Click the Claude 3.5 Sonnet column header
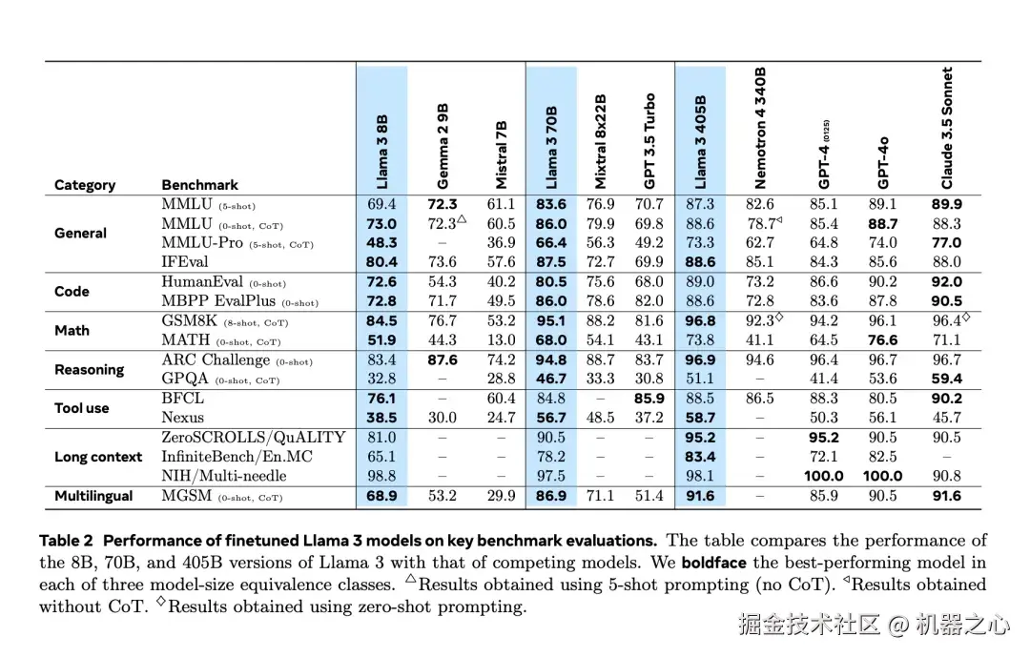point(947,128)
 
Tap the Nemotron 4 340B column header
point(760,128)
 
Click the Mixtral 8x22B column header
point(601,140)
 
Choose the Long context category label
point(98,457)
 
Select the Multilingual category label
point(93,496)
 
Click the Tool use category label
point(82,408)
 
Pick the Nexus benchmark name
point(183,418)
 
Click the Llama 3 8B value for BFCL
point(381,399)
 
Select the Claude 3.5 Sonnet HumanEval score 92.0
point(947,282)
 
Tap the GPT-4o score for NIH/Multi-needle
point(884,476)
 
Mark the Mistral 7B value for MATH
point(501,340)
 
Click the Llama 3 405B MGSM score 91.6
point(700,496)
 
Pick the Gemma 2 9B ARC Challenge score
point(443,360)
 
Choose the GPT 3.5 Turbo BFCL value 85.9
point(649,399)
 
